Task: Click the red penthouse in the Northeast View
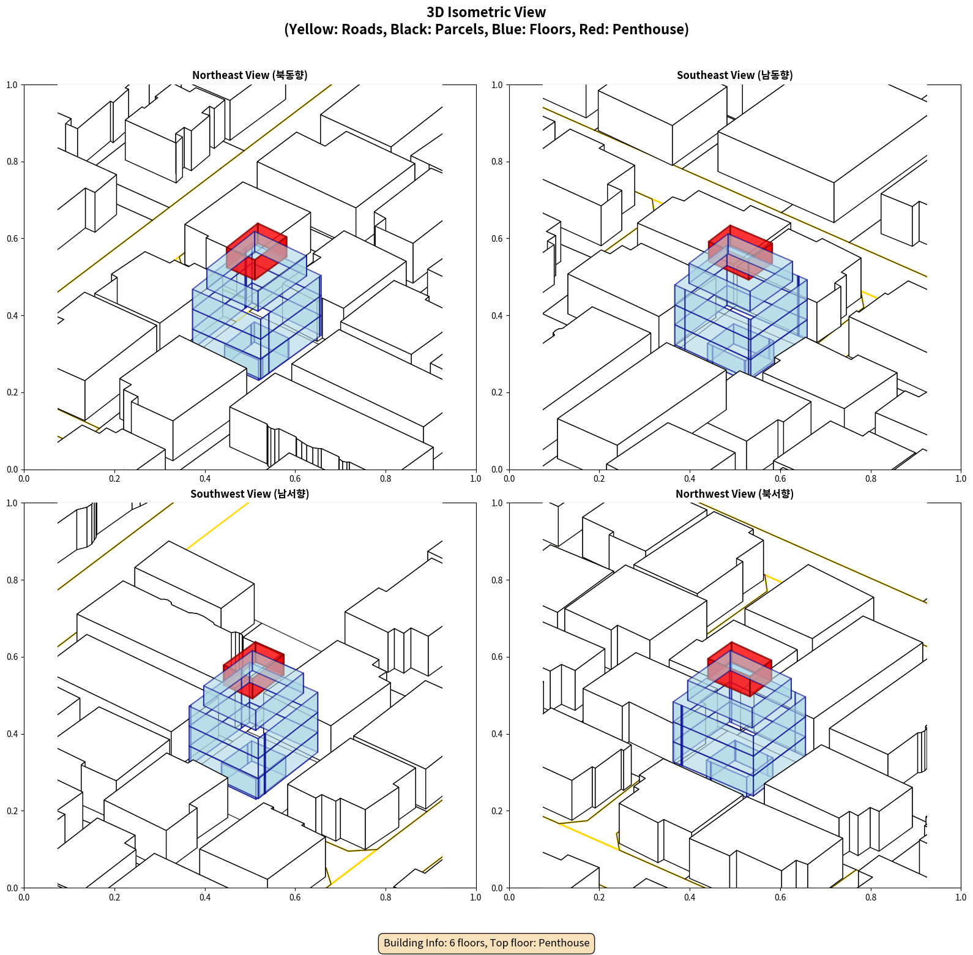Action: click(257, 251)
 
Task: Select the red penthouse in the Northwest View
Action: click(739, 668)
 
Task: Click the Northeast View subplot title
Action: click(250, 75)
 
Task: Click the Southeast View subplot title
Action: click(734, 75)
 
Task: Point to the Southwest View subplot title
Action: click(250, 493)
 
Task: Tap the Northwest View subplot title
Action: click(734, 493)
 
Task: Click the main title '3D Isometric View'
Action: click(486, 12)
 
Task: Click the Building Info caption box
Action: click(486, 943)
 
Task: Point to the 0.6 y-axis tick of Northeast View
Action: click(12, 239)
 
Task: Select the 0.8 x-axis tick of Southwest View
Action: click(386, 897)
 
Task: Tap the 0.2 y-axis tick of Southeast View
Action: click(497, 392)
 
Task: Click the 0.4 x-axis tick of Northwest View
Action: click(690, 897)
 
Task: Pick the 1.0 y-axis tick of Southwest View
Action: click(12, 503)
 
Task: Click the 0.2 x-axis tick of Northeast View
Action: click(114, 479)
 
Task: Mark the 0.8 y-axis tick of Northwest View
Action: click(497, 580)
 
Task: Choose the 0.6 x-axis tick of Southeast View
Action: click(780, 479)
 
